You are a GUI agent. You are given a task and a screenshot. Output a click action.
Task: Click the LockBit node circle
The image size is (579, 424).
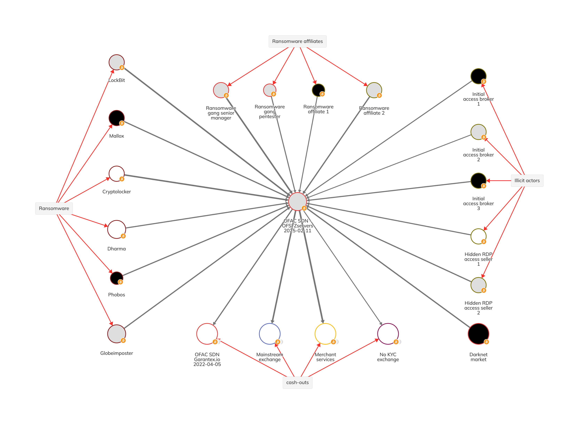click(116, 62)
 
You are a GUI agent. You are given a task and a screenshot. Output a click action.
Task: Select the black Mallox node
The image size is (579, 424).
click(116, 118)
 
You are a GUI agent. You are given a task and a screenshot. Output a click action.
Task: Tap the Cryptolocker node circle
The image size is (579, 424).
click(116, 174)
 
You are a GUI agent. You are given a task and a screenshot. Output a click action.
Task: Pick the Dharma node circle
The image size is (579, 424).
click(116, 229)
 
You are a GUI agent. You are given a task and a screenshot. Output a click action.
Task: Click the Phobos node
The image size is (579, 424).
click(116, 278)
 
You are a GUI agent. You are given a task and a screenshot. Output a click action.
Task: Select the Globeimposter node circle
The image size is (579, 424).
click(116, 334)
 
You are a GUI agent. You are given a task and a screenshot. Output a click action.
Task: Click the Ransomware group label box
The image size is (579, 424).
click(54, 208)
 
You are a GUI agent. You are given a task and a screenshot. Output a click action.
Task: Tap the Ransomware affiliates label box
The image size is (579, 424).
click(297, 41)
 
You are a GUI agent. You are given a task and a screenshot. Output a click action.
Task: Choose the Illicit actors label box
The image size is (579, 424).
click(527, 181)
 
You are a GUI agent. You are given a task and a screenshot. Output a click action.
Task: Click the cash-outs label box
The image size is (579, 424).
click(297, 382)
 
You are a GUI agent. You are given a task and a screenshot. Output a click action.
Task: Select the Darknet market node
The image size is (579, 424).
click(478, 334)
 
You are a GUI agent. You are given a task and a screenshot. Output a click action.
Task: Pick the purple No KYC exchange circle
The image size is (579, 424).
click(388, 334)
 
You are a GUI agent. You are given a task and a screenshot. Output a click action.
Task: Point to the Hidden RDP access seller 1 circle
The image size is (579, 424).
click(478, 236)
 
